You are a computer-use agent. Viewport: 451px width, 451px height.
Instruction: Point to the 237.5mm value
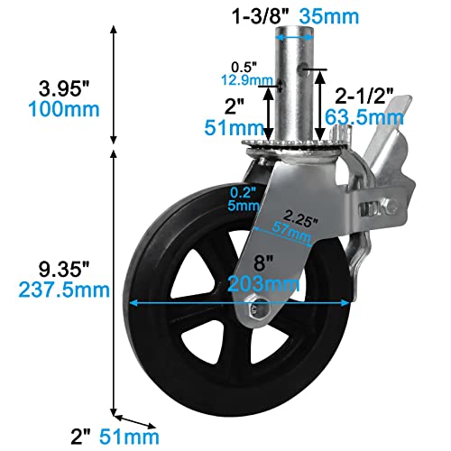[x=59, y=291]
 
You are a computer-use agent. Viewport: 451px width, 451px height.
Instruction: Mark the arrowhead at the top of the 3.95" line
[x=114, y=30]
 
